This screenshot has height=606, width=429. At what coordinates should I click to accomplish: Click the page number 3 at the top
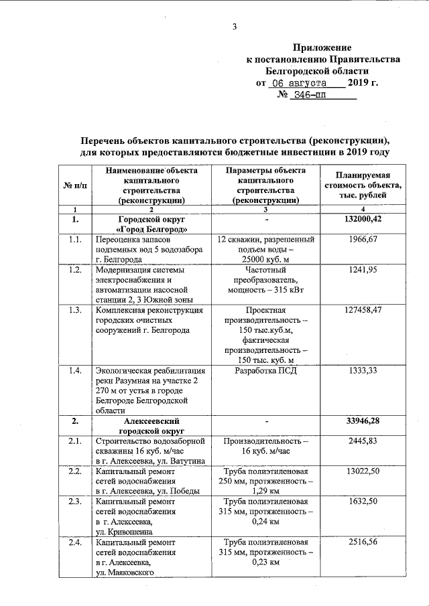tap(235, 27)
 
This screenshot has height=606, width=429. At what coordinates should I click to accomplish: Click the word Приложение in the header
tap(322, 48)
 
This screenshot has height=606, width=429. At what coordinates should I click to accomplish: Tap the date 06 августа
tap(297, 84)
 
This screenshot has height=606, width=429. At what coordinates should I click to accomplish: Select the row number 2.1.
tap(75, 442)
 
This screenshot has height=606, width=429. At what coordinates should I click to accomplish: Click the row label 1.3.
tap(75, 311)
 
